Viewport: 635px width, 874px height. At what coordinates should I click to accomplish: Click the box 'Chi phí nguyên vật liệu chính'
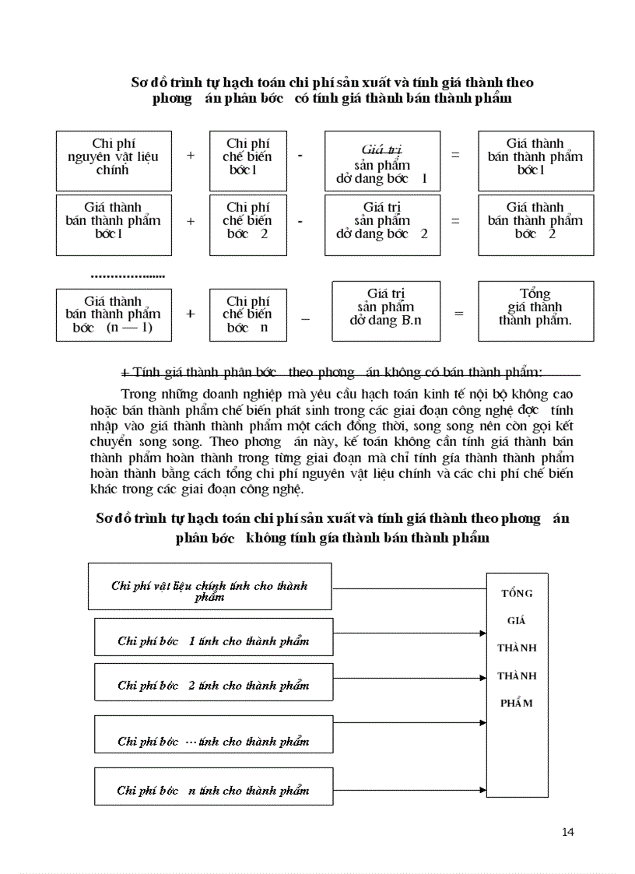pyautogui.click(x=114, y=160)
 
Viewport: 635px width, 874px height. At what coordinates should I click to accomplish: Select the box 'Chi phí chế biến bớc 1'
pyautogui.click(x=248, y=160)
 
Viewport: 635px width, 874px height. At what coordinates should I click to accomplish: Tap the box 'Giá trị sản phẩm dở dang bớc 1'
pyautogui.click(x=381, y=161)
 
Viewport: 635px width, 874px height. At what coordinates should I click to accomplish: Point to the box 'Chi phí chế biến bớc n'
pyautogui.click(x=248, y=314)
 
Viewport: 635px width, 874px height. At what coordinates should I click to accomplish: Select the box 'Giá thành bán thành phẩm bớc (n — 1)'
pyautogui.click(x=114, y=314)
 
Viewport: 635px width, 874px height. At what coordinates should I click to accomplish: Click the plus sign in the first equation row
pyautogui.click(x=191, y=156)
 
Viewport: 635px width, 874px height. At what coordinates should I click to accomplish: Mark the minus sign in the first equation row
pyautogui.click(x=300, y=156)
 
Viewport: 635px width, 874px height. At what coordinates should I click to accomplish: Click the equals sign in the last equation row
pyautogui.click(x=459, y=314)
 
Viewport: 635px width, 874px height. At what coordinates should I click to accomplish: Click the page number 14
pyautogui.click(x=567, y=833)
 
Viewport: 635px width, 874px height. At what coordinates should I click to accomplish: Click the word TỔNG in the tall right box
pyautogui.click(x=517, y=593)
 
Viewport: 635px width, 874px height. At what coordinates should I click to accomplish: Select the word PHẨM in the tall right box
pyautogui.click(x=517, y=703)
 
